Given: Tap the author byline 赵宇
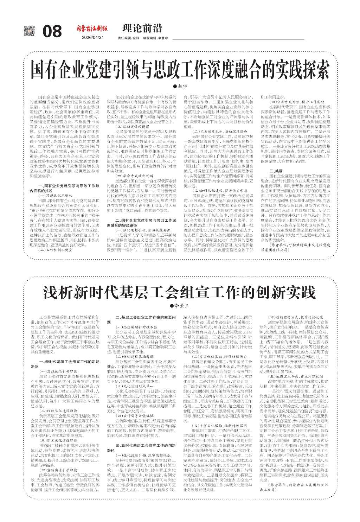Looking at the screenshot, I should [180, 86].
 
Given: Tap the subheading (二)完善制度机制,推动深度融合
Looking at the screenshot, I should [214, 131].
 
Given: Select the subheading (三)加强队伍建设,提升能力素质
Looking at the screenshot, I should [214, 190].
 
